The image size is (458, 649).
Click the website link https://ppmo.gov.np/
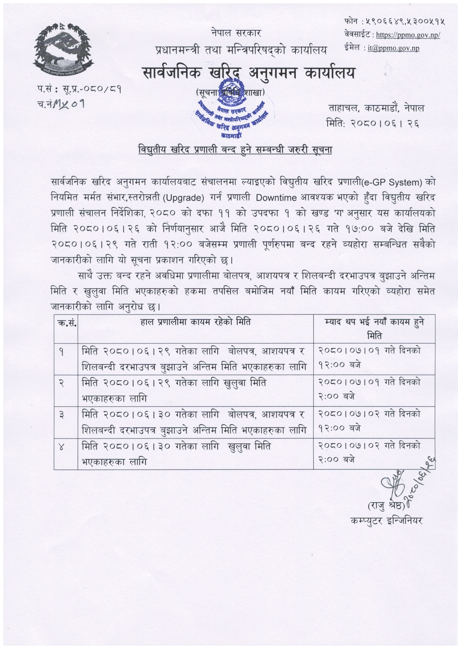click(408, 35)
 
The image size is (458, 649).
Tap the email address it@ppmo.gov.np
click(393, 48)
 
